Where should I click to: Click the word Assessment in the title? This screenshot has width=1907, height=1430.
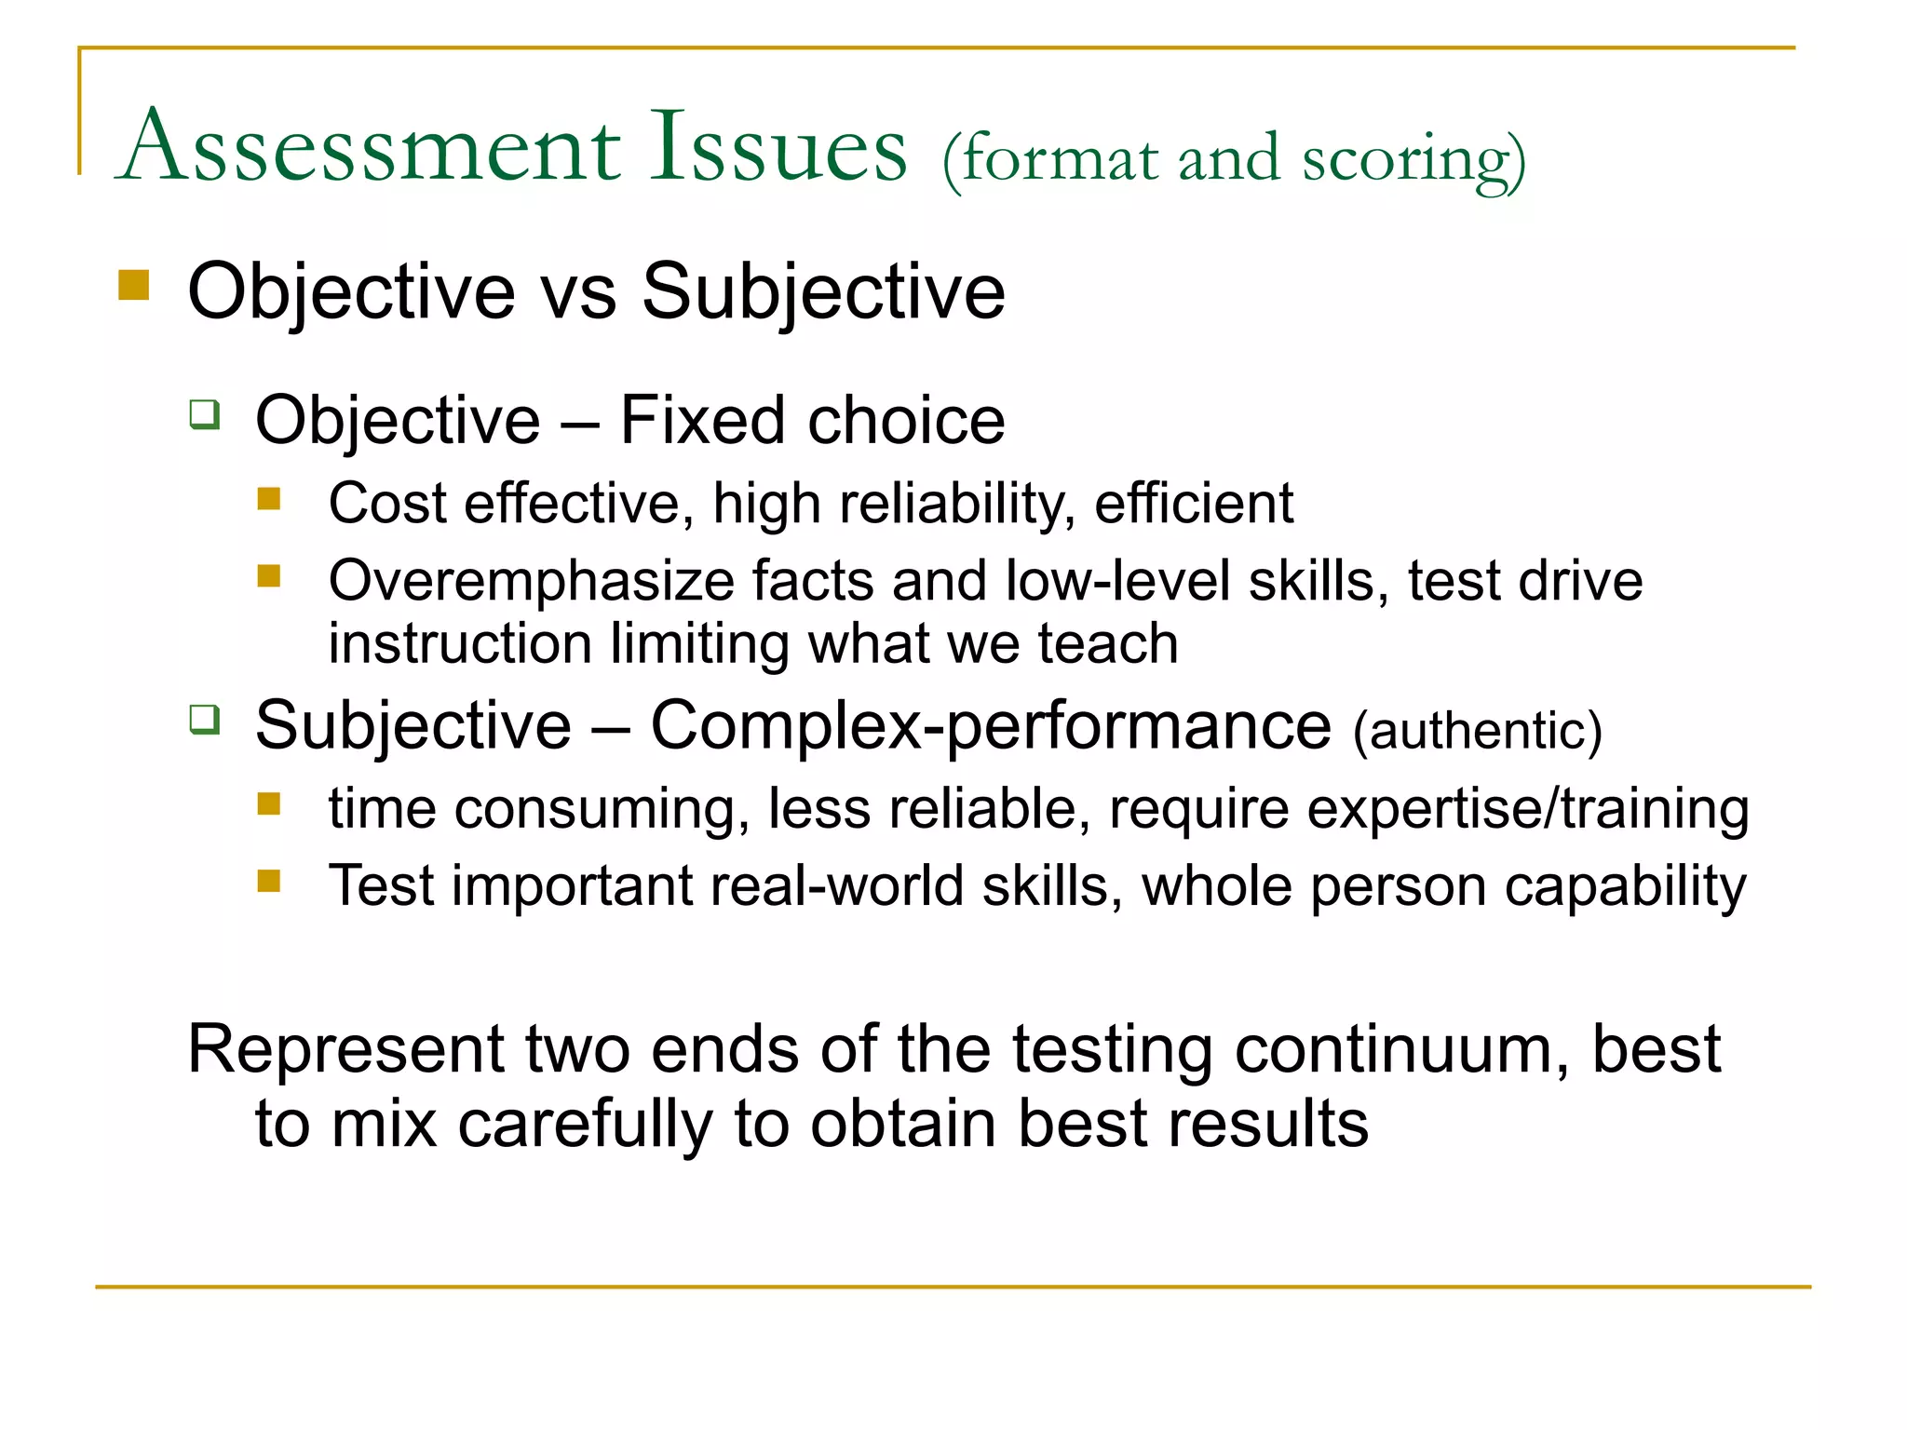(372, 148)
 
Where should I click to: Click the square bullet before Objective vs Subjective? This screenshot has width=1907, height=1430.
(134, 285)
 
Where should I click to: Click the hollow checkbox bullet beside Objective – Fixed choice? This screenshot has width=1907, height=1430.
(204, 413)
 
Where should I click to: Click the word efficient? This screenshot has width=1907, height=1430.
(1193, 504)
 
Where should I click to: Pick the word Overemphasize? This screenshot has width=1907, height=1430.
(532, 581)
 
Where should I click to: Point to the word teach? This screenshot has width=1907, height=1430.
(1108, 644)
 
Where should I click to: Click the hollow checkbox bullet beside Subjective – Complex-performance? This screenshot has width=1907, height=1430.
(204, 719)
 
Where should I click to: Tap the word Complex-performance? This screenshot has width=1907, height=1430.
(991, 725)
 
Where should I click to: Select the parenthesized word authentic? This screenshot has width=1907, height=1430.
(1477, 731)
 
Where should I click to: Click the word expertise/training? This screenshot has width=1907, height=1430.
(1528, 808)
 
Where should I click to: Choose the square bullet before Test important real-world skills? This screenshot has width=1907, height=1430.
(269, 880)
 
